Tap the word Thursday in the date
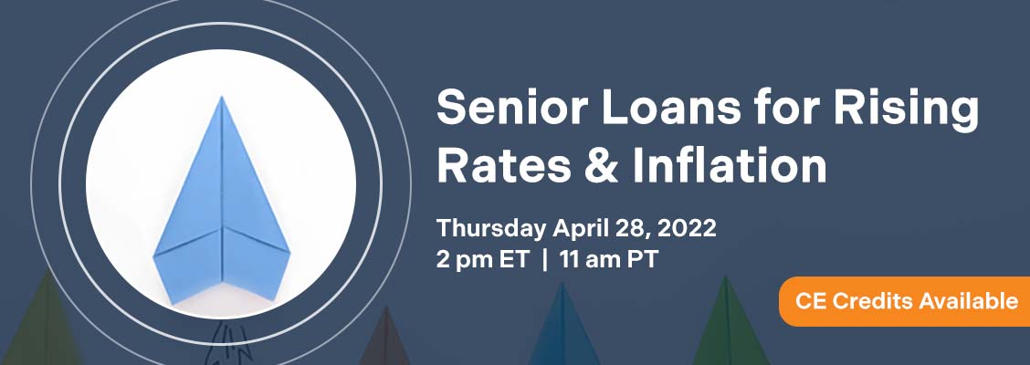pyautogui.click(x=490, y=228)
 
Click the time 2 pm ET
pyautogui.click(x=482, y=260)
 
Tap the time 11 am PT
pyautogui.click(x=608, y=260)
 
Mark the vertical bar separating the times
pyautogui.click(x=544, y=260)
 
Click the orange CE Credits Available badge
pyautogui.click(x=905, y=301)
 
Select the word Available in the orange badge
pyautogui.click(x=968, y=301)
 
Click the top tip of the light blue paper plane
pyautogui.click(x=222, y=97)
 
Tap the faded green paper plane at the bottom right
pyautogui.click(x=727, y=323)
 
